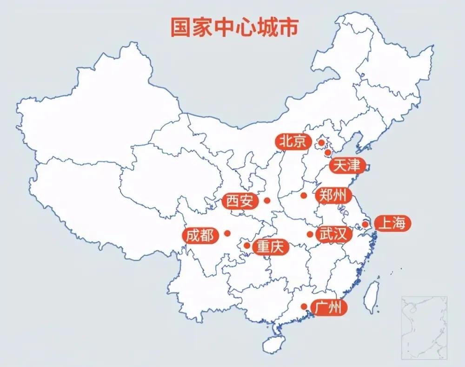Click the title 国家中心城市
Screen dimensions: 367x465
click(x=233, y=27)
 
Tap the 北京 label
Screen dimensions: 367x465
click(x=292, y=141)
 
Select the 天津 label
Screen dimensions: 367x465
click(x=347, y=165)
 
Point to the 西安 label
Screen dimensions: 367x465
click(x=240, y=201)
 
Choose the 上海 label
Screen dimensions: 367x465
click(x=392, y=224)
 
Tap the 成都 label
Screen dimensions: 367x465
click(x=200, y=236)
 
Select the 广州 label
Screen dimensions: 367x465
click(x=330, y=308)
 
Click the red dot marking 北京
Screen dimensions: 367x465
click(x=321, y=142)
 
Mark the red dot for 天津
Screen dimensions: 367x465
click(x=328, y=152)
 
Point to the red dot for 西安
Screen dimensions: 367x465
click(x=267, y=201)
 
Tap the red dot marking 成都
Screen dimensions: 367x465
click(x=227, y=233)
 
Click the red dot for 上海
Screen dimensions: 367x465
click(x=365, y=224)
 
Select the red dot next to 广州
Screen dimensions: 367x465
click(x=304, y=306)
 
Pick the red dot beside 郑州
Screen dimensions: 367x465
click(x=304, y=196)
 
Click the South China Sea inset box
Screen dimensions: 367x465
click(x=424, y=327)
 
